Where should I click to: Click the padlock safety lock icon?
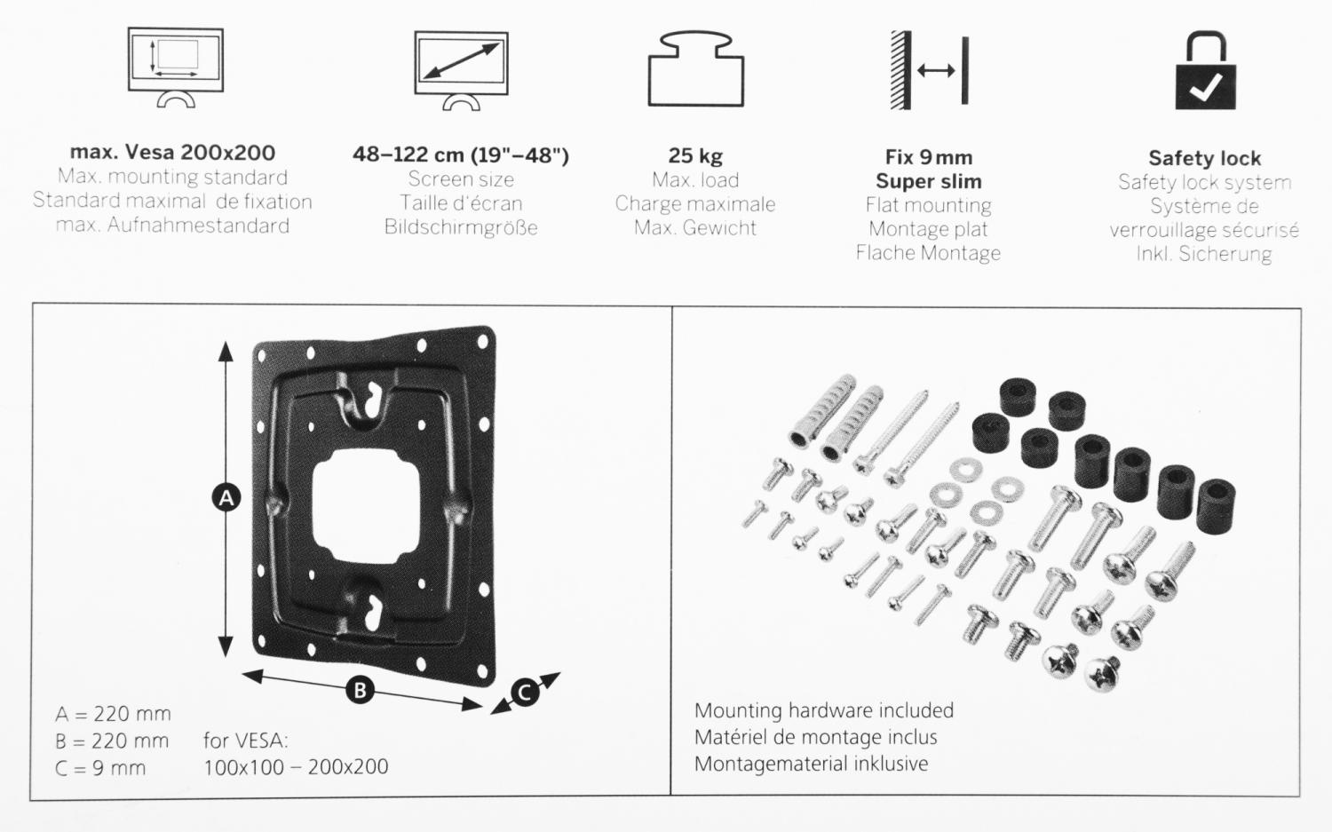[1205, 71]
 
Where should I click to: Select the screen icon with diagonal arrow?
[462, 71]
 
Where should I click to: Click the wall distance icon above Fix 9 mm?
[930, 70]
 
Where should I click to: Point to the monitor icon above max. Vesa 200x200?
[176, 67]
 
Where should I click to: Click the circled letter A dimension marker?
[226, 498]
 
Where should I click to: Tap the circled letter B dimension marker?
[360, 691]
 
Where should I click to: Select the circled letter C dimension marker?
[525, 693]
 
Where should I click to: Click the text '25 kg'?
[695, 155]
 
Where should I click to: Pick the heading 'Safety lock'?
[1205, 158]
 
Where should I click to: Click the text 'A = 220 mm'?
[113, 714]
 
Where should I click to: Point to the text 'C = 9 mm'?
[99, 768]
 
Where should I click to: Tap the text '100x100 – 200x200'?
[296, 767]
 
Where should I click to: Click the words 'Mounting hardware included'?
[824, 710]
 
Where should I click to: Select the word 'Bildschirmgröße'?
[461, 227]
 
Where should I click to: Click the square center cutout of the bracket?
[366, 506]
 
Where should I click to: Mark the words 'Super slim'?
[929, 181]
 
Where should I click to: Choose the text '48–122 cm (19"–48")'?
[461, 155]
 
